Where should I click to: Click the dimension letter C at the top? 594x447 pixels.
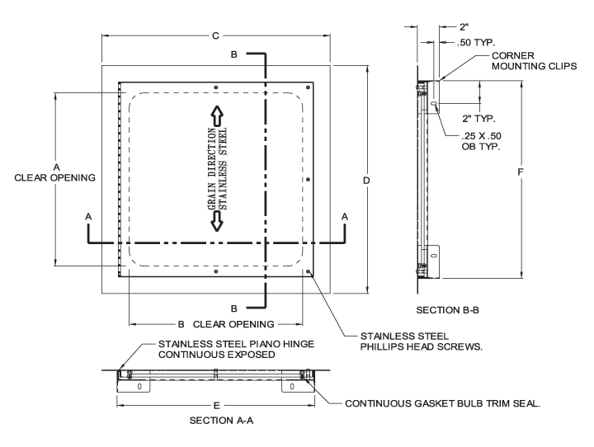pos(215,35)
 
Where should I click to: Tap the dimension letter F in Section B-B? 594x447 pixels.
pos(521,172)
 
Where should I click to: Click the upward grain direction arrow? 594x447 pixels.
pos(216,115)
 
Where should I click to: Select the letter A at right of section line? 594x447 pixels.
pos(345,214)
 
